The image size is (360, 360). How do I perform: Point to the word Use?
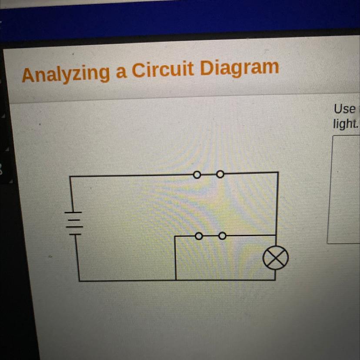point(344,108)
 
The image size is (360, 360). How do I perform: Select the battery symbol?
point(74,222)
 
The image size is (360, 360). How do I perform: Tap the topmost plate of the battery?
point(74,212)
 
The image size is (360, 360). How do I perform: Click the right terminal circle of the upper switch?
point(220,174)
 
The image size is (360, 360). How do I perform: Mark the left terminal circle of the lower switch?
point(198,237)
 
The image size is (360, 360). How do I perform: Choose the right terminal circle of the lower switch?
point(222,237)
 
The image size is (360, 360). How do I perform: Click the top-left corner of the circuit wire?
point(70,177)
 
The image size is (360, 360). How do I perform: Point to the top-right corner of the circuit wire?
point(277,173)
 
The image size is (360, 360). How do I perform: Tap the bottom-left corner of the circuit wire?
point(79,281)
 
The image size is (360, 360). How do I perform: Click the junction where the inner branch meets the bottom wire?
point(176,280)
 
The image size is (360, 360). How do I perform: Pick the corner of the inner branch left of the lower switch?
point(175,237)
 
